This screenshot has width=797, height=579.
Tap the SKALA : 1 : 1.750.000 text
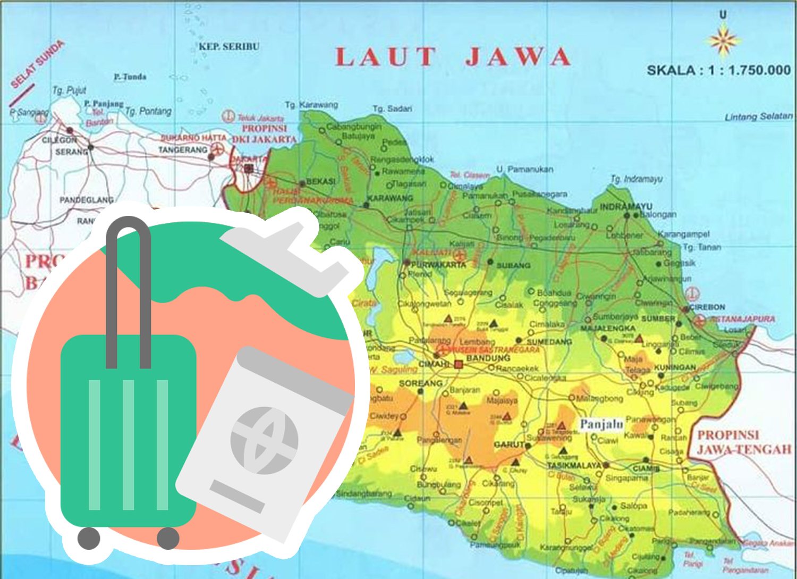point(718,70)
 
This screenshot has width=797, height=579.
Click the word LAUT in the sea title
point(386,57)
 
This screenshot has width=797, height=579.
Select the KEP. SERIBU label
point(229,47)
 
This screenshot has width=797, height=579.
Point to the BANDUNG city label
point(488,358)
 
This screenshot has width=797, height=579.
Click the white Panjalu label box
point(601,424)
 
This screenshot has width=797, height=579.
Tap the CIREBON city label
point(707,307)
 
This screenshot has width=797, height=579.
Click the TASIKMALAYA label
point(574,465)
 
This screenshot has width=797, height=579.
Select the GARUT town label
point(508,444)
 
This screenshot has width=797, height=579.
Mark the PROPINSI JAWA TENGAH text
point(744,442)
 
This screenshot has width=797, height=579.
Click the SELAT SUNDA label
point(37,64)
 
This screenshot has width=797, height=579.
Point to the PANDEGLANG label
point(86,200)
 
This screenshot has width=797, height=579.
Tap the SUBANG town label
point(513,265)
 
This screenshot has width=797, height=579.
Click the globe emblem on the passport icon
point(264,440)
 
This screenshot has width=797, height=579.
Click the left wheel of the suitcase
point(89,539)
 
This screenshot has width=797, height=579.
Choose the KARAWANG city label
point(390,198)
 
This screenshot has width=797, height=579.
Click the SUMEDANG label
point(549,341)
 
